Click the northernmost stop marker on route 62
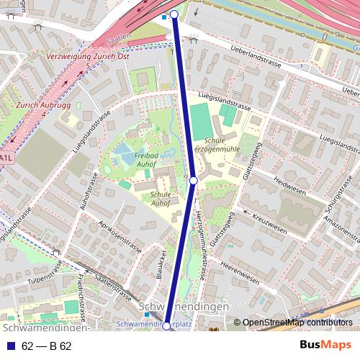pos(174,14)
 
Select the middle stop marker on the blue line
pos(194,179)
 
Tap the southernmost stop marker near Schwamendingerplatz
pos(166,326)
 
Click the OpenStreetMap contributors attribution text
pos(297,323)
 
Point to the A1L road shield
pos(6,157)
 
